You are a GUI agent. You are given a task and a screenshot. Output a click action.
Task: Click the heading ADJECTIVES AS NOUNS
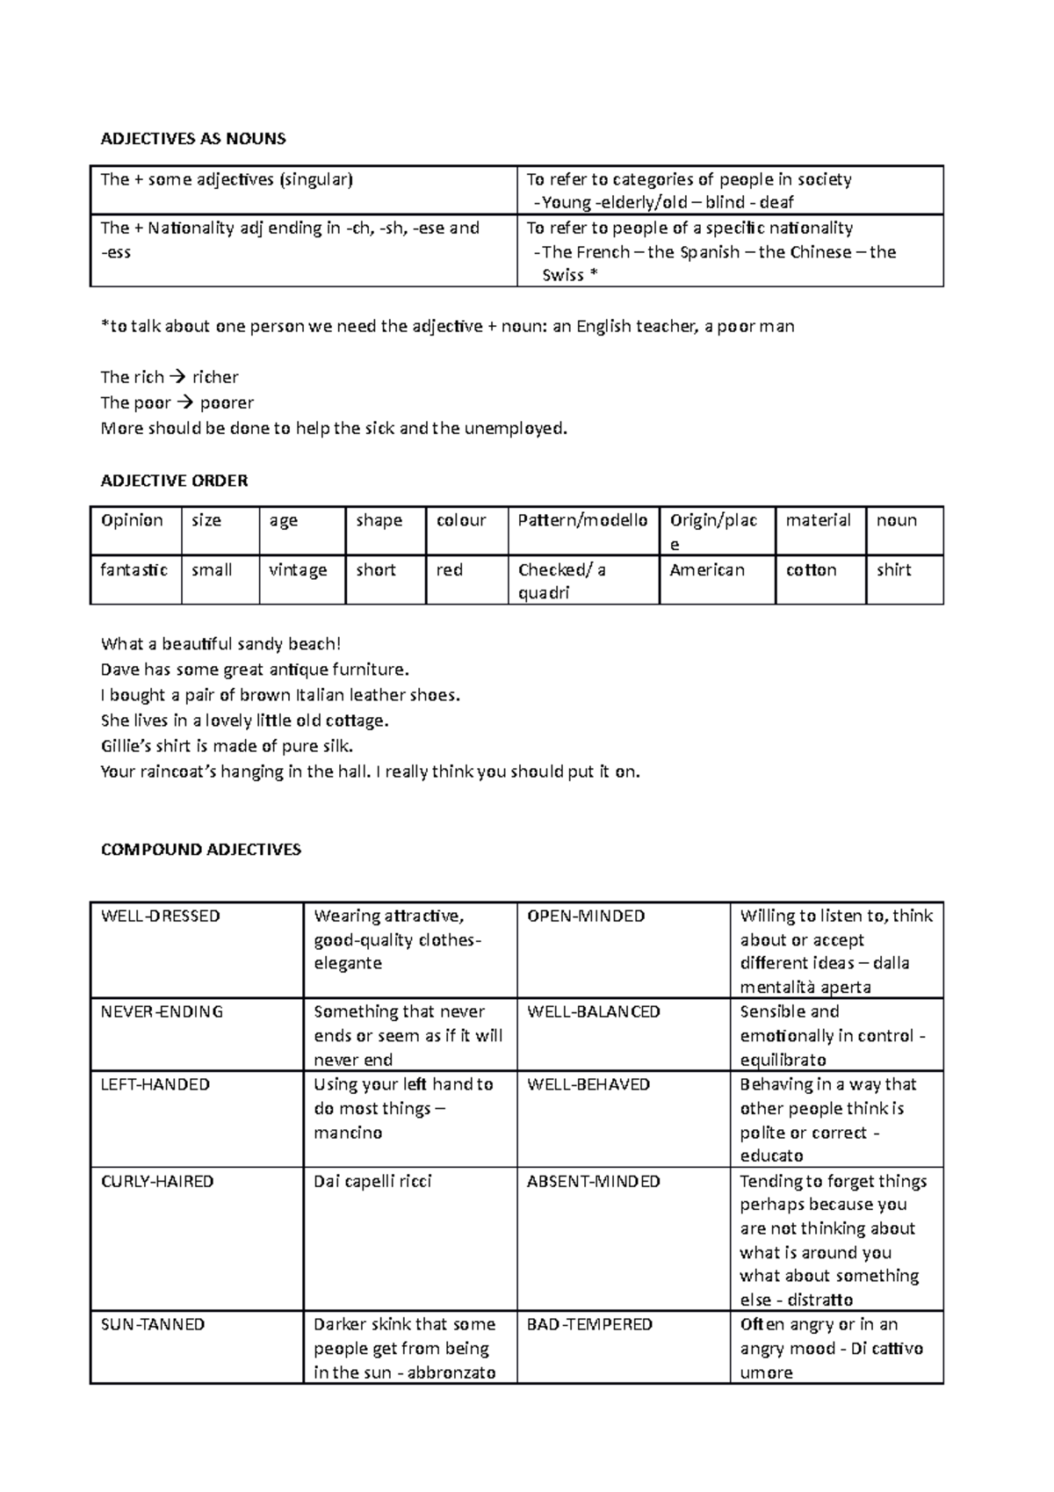pos(193,139)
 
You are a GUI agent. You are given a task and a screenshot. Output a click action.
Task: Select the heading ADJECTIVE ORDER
pos(174,481)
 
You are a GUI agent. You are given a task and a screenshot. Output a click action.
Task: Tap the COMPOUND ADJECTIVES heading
pos(200,850)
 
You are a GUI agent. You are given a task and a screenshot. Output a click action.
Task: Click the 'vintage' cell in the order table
pos(298,570)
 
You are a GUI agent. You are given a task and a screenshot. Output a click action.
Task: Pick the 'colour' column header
pos(461,520)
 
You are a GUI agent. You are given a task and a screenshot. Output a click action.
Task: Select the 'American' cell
pos(706,570)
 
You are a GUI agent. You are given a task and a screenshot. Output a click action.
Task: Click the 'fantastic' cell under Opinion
pos(134,570)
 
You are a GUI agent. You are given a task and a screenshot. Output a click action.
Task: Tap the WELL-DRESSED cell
pos(160,916)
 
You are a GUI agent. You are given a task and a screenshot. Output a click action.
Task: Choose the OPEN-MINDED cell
pos(585,916)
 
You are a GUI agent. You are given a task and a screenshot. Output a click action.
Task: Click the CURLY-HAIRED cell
pos(157,1182)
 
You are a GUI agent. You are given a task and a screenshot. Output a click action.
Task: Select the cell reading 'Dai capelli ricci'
pos(372,1182)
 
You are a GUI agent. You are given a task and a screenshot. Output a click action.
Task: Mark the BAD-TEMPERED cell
pos(588,1324)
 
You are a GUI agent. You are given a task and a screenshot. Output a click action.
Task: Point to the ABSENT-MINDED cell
pos(593,1182)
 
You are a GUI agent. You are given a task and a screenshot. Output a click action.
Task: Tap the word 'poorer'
pos(227,403)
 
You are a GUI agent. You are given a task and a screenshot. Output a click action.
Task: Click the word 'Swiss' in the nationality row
pos(563,276)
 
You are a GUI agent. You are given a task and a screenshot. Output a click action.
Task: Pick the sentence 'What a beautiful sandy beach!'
pos(220,644)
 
